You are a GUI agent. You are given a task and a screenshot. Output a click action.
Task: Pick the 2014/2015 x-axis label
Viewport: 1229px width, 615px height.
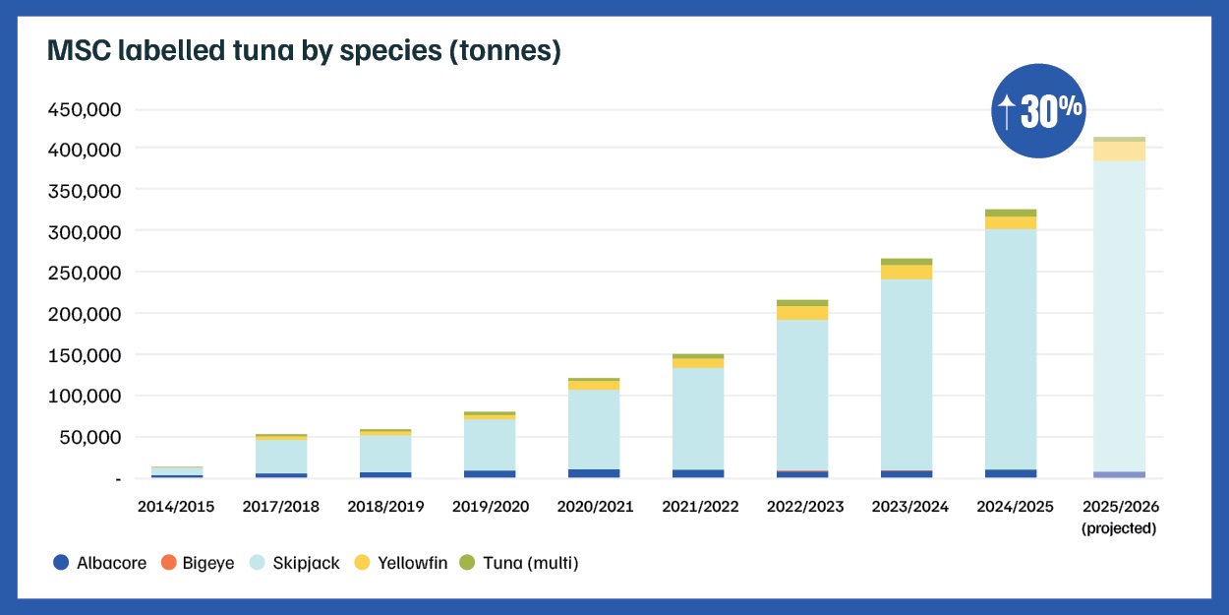click(176, 507)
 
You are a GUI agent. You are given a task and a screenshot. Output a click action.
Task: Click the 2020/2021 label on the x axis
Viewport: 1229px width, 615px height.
click(594, 507)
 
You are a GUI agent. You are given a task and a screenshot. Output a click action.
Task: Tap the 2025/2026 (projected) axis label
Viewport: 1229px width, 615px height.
click(1119, 517)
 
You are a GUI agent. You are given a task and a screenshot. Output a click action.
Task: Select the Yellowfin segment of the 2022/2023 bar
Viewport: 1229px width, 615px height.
click(802, 313)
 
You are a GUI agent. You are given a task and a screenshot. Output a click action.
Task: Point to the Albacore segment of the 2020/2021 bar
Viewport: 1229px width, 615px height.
click(594, 473)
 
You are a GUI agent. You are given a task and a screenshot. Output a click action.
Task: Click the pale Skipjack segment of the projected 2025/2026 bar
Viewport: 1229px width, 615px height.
click(1119, 315)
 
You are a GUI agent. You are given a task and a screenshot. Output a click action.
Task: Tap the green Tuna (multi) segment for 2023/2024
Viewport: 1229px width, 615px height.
click(907, 262)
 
